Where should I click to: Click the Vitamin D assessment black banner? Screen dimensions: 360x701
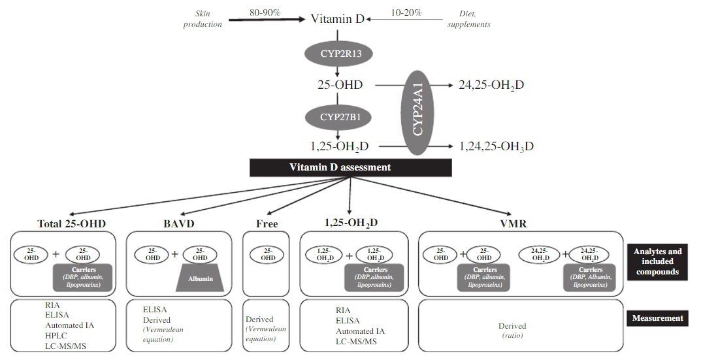[350, 167]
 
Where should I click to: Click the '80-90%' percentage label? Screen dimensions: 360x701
[265, 12]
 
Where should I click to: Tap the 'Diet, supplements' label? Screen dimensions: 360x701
[469, 19]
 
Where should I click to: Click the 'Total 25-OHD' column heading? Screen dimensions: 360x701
[73, 223]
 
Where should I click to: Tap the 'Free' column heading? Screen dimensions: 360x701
[267, 223]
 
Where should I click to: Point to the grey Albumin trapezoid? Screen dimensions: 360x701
[201, 278]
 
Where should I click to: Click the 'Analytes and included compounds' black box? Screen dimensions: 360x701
[658, 261]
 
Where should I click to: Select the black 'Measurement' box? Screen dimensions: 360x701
[658, 318]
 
